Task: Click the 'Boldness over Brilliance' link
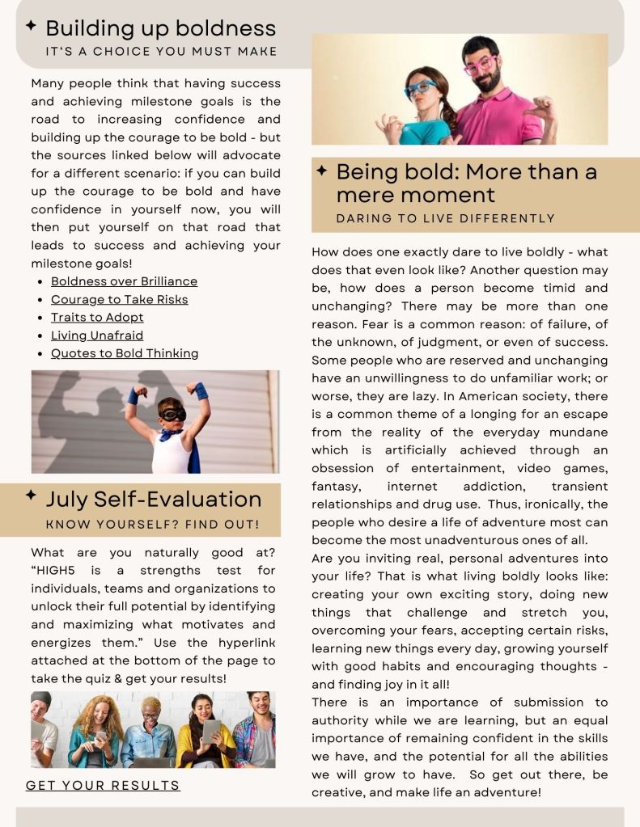124,281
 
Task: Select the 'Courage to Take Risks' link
119,299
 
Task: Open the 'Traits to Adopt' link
97,317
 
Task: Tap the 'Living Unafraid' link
97,335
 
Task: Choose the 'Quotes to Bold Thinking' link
125,353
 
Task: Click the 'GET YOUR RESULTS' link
103,785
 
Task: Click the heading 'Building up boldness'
160,28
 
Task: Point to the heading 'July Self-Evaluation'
153,499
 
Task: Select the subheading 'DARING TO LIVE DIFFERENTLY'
446,218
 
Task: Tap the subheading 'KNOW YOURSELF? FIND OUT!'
153,525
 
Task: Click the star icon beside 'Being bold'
321,171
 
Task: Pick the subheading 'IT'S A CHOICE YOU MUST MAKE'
161,52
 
